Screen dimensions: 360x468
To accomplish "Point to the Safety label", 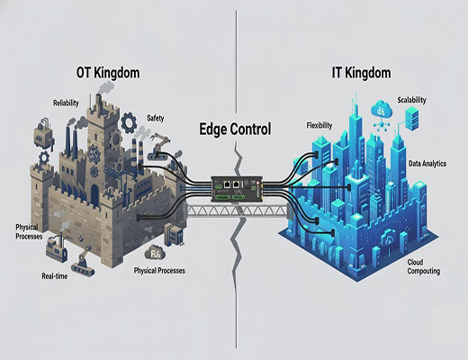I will pos(155,118).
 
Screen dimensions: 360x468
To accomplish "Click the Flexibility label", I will pos(320,124).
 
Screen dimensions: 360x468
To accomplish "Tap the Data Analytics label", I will pos(427,165).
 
